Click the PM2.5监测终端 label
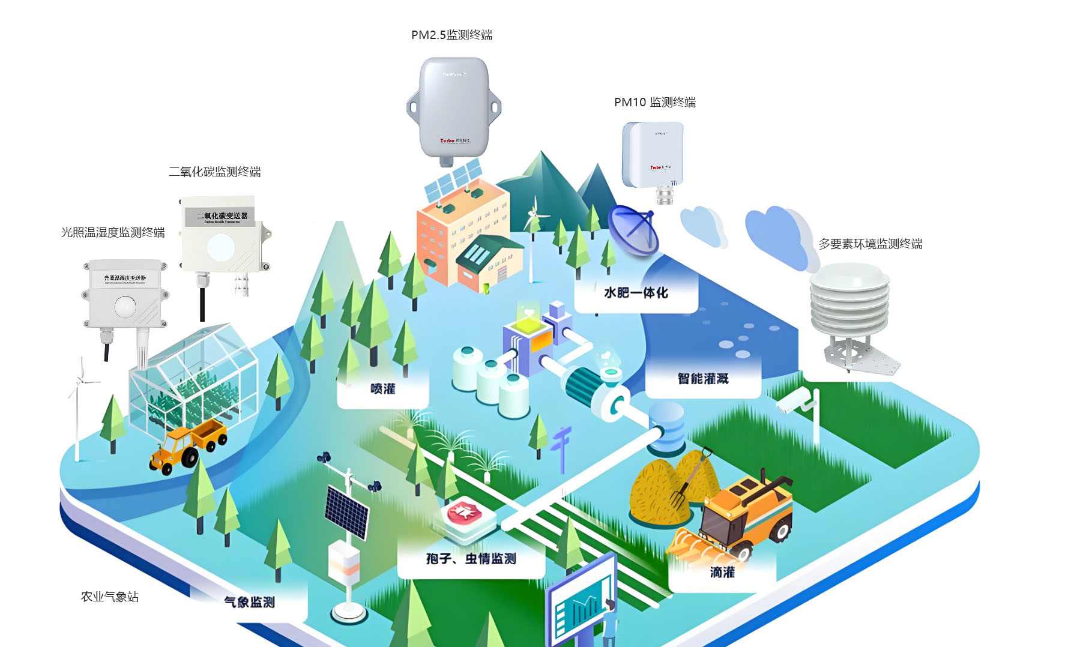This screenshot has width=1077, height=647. click(451, 35)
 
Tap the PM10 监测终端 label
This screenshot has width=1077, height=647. click(654, 103)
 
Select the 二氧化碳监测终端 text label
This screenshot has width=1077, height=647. click(214, 172)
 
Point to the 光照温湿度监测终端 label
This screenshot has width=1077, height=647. click(113, 232)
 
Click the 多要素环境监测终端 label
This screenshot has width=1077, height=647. click(870, 244)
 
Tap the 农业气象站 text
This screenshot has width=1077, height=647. click(110, 597)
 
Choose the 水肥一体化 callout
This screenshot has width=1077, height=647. click(636, 293)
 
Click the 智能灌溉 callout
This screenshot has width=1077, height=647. click(703, 379)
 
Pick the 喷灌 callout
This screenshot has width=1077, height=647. click(383, 389)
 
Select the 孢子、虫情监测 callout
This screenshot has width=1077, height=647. click(471, 559)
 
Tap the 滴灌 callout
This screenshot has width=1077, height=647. click(722, 573)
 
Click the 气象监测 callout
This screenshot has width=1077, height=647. click(249, 602)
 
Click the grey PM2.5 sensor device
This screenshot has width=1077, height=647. click(453, 108)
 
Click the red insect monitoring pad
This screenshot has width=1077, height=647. click(464, 513)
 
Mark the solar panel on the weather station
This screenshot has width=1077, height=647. click(346, 511)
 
